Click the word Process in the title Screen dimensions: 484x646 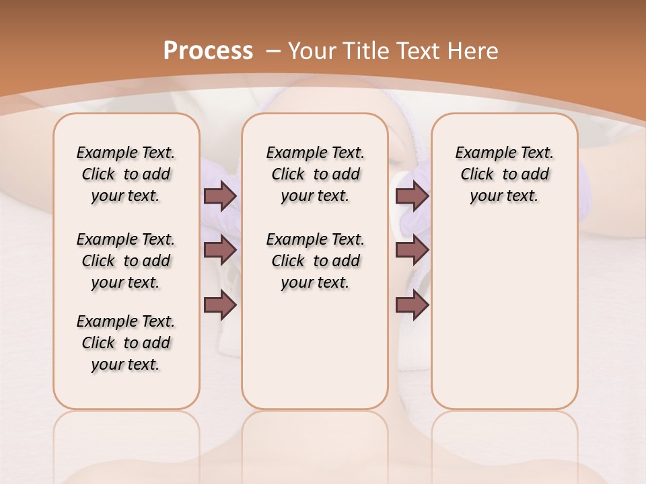(208, 51)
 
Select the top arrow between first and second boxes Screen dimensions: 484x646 (220, 196)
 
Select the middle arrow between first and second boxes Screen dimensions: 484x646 (220, 251)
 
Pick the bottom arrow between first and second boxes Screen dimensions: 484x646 (220, 305)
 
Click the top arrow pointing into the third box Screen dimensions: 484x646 (412, 196)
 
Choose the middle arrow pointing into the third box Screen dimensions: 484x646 (412, 251)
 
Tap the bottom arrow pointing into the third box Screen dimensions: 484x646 (412, 305)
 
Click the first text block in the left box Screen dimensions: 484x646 (126, 174)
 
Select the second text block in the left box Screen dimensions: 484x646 (126, 261)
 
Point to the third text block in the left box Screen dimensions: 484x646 (126, 343)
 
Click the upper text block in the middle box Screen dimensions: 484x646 (315, 174)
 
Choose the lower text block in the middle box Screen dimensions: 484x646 (315, 261)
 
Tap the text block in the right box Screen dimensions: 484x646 (504, 174)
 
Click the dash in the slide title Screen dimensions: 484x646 (273, 51)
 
